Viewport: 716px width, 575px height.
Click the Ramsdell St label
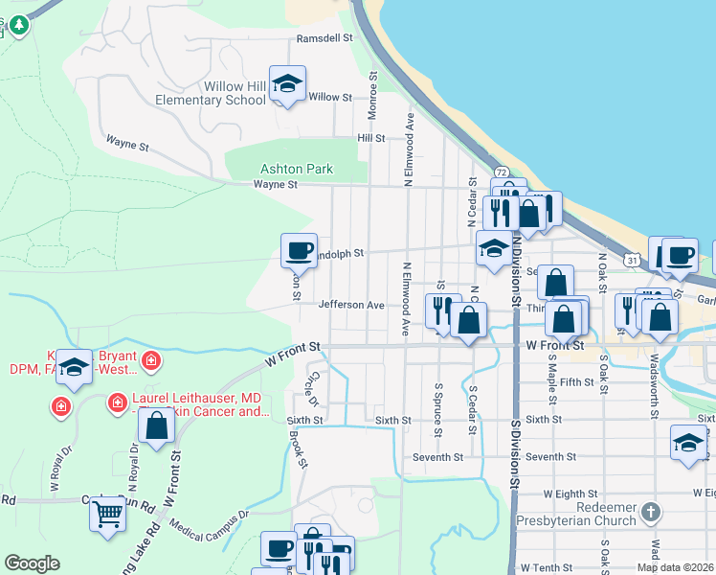pos(324,38)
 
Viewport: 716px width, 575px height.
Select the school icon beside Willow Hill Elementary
pos(286,83)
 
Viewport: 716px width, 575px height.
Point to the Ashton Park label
pos(297,169)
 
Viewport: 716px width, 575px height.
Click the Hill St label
pos(370,138)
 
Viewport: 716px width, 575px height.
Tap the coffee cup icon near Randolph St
pos(298,251)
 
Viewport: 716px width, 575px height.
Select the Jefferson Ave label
pos(351,305)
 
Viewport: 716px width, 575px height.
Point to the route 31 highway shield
pos(632,259)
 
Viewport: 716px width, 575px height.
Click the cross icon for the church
pos(651,512)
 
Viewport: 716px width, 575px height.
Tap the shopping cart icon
pos(107,515)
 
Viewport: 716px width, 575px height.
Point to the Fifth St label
pos(577,382)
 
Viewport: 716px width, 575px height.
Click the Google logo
pos(33,563)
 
